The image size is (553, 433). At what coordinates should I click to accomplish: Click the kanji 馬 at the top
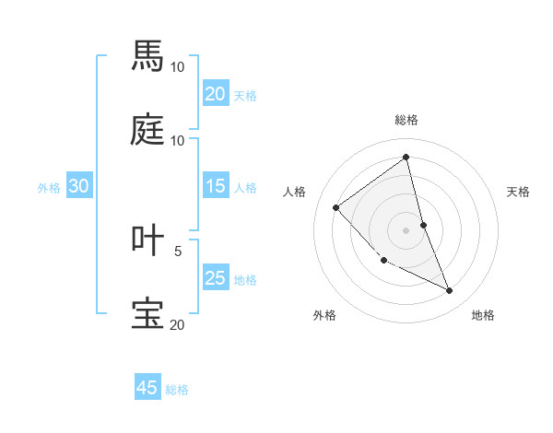pyautogui.click(x=147, y=56)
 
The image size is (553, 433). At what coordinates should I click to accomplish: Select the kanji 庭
pyautogui.click(x=147, y=130)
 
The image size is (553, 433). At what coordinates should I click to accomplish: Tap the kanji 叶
pyautogui.click(x=147, y=240)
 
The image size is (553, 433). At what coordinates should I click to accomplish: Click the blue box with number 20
pyautogui.click(x=215, y=94)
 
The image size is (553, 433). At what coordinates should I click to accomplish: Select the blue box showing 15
pyautogui.click(x=215, y=186)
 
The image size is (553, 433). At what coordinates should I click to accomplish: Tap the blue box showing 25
pyautogui.click(x=215, y=278)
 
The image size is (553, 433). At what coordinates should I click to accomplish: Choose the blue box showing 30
pyautogui.click(x=78, y=186)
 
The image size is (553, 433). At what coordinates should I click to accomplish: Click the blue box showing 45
pyautogui.click(x=147, y=388)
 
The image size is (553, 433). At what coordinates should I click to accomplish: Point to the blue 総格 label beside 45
pyautogui.click(x=177, y=390)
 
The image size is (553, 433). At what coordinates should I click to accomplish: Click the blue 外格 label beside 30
pyautogui.click(x=49, y=188)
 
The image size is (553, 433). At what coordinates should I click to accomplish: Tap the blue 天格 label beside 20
pyautogui.click(x=245, y=96)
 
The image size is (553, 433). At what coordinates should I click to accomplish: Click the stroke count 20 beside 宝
pyautogui.click(x=177, y=324)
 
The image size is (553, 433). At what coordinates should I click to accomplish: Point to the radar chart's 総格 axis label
pyautogui.click(x=406, y=120)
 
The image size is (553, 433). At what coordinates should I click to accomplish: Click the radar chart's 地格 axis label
pyautogui.click(x=483, y=315)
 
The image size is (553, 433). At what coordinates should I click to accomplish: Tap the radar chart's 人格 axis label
pyautogui.click(x=294, y=192)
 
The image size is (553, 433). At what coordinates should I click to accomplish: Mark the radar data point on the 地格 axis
pyautogui.click(x=450, y=291)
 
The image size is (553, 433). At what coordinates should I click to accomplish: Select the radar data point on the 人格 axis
pyautogui.click(x=336, y=207)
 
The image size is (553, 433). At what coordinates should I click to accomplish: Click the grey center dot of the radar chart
pyautogui.click(x=406, y=230)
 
